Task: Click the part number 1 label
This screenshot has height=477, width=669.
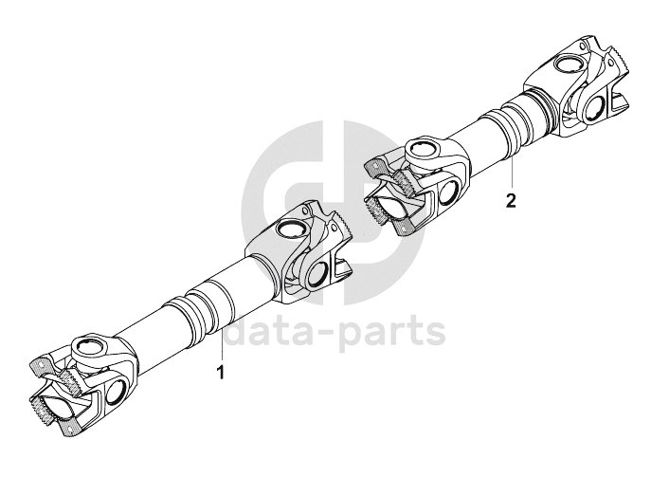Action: [x=222, y=374]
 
